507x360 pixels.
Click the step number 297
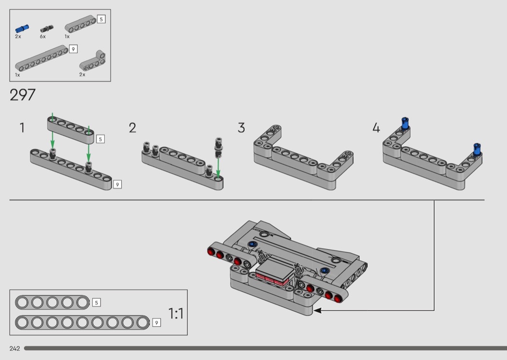pos(22,95)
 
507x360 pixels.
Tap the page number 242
pos(15,348)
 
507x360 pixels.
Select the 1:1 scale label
pos(176,314)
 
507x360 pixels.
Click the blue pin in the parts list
pos(22,28)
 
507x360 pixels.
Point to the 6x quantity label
pos(42,37)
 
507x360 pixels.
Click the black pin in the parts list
pos(47,29)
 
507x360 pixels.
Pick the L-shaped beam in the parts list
pos(93,61)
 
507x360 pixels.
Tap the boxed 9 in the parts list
pos(73,49)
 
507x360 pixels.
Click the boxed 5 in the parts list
pos(101,19)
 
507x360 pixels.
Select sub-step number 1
pos(22,128)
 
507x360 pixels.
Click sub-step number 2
pos(133,128)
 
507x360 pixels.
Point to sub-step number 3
pos(241,128)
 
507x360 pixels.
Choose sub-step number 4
pos(376,128)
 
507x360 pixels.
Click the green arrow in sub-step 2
pos(218,166)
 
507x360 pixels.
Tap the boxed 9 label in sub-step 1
pos(117,184)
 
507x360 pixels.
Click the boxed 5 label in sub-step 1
pos(100,139)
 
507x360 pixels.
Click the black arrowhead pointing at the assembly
pos(317,310)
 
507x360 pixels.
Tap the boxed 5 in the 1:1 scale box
pos(97,303)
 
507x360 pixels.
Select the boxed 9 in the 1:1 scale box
pos(156,322)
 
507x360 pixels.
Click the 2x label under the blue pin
pos(18,37)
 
